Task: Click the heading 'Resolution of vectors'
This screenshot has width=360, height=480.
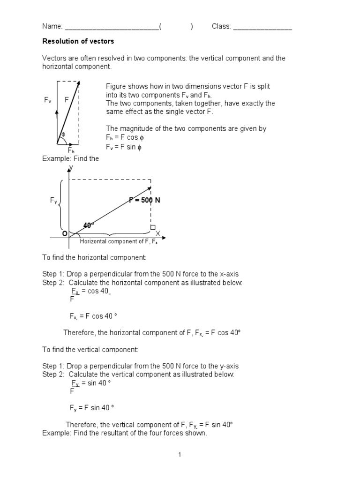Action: [78, 41]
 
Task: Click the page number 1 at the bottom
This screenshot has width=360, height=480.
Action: [180, 454]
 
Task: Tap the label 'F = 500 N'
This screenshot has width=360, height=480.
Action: [145, 200]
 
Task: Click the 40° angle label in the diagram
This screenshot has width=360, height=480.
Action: [89, 225]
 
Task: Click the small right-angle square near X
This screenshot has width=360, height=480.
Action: [152, 227]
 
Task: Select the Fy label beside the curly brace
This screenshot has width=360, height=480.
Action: [53, 201]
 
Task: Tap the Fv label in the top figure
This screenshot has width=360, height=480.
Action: [48, 100]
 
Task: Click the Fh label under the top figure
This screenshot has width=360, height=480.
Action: [71, 150]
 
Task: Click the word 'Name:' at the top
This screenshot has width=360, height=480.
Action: [52, 27]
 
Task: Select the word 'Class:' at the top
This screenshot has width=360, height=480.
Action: [221, 27]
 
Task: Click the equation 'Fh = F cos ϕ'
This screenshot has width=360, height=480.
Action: [123, 137]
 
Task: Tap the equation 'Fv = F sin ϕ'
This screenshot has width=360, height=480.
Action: [123, 147]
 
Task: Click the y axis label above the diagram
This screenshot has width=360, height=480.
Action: [71, 167]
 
